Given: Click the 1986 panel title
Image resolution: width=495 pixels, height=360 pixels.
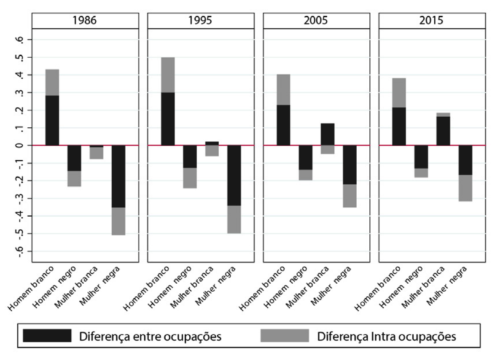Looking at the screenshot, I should coord(84,21).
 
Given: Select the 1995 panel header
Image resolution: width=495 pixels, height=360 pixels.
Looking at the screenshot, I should coord(200,21).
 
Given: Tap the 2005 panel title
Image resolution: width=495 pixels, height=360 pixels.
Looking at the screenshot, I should coord(316,21).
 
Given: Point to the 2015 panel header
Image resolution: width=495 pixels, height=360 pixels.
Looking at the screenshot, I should coord(432,21).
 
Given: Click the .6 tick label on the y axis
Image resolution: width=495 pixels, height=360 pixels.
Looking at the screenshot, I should coord(22,40).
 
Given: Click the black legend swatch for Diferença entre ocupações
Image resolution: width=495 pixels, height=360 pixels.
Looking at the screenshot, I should coord(47,336).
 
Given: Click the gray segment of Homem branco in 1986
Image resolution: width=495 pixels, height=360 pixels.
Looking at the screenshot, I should coord(52,83).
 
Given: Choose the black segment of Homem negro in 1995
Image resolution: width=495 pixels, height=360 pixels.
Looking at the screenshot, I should coord(190,156).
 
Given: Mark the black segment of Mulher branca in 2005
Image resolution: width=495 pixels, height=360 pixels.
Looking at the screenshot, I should coord(328,134).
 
